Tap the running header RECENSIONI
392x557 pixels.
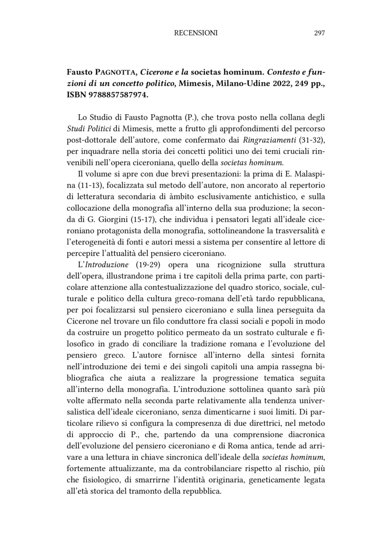tap(196, 33)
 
